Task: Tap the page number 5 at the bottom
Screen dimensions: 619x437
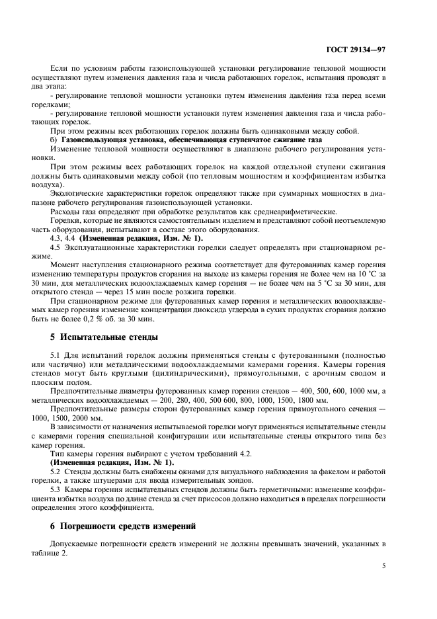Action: pos(384,565)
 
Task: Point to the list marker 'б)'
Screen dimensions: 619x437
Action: pos(55,140)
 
